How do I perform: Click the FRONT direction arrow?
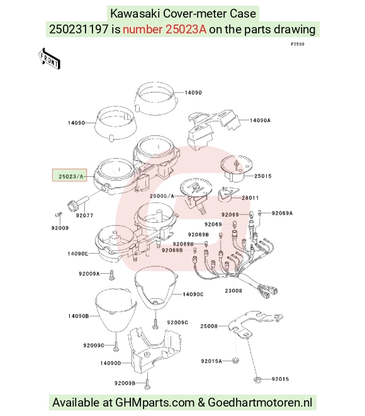pyautogui.click(x=49, y=59)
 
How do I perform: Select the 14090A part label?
pyautogui.click(x=260, y=120)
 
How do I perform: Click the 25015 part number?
pyautogui.click(x=262, y=176)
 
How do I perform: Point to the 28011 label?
pyautogui.click(x=250, y=198)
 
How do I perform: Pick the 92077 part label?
pyautogui.click(x=84, y=215)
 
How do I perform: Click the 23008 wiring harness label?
pyautogui.click(x=233, y=291)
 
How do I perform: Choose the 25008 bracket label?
pyautogui.click(x=209, y=326)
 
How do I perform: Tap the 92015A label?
pyautogui.click(x=211, y=361)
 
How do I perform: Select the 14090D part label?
pyautogui.click(x=111, y=363)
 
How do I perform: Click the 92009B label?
pyautogui.click(x=125, y=383)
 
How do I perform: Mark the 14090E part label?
pyautogui.click(x=78, y=254)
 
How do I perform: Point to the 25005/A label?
pyautogui.click(x=162, y=196)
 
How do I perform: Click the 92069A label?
pyautogui.click(x=282, y=213)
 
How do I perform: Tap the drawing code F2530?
pyautogui.click(x=298, y=44)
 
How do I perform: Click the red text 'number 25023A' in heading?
pyautogui.click(x=164, y=29)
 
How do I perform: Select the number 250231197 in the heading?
pyautogui.click(x=79, y=29)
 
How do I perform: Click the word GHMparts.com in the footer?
pyautogui.click(x=155, y=403)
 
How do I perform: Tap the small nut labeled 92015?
pyautogui.click(x=257, y=379)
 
